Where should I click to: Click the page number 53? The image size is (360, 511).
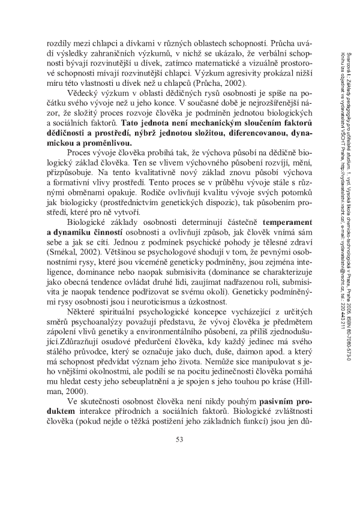(x=179, y=473)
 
